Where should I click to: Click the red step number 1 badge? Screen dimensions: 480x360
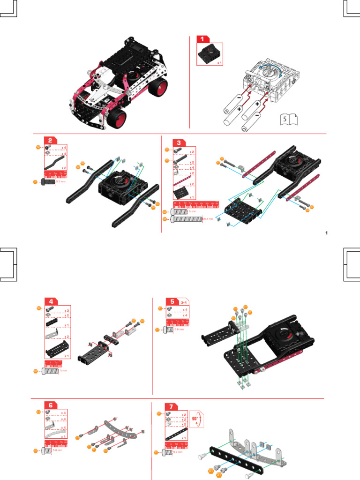pos(202,40)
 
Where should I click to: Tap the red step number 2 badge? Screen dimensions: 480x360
pos(51,140)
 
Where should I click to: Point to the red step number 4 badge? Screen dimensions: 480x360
pos(51,301)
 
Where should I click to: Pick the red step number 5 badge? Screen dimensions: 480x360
pos(172,301)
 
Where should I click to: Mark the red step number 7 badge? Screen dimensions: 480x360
pos(172,406)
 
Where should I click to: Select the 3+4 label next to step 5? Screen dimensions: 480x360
pos(184,301)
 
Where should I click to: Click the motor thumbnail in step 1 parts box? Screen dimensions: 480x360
pos(208,54)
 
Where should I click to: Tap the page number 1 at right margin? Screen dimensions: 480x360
pos(326,233)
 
